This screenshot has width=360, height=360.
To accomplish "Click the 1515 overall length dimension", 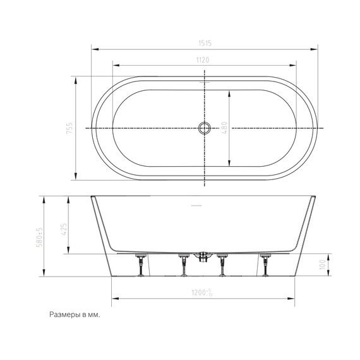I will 203,43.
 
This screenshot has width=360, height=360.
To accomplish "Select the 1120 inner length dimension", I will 203,59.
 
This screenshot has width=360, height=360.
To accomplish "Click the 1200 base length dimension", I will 203,294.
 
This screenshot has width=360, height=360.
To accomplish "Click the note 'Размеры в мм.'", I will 75,314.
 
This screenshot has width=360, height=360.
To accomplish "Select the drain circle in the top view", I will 204,128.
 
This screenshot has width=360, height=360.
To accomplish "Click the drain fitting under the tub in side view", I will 203,257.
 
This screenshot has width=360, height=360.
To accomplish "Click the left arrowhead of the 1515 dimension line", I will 93,48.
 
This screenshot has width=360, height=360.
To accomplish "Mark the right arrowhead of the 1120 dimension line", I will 296,64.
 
